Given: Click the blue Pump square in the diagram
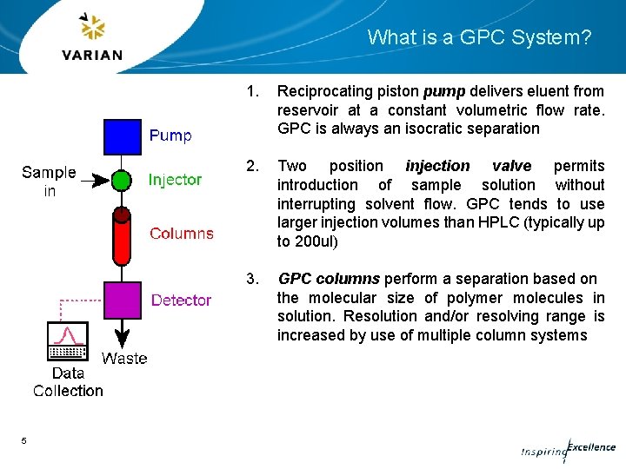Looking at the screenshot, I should [x=123, y=137].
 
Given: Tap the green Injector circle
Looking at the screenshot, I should [x=123, y=181].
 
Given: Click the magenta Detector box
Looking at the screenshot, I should [x=123, y=300].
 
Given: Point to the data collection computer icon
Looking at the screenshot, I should [x=68, y=340].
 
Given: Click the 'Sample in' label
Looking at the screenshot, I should [x=49, y=182].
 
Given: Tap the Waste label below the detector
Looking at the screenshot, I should [x=124, y=358].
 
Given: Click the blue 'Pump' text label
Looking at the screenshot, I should [x=170, y=135].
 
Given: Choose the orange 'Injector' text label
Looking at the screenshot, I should [x=175, y=180].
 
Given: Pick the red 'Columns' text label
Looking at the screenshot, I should [x=181, y=233].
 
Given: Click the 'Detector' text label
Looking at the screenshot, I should [x=181, y=301].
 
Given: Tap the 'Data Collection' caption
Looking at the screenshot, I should [x=68, y=382].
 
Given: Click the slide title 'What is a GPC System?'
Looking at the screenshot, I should [x=479, y=37].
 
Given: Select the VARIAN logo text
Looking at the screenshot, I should [x=92, y=55].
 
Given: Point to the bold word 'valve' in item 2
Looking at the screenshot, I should [x=511, y=166].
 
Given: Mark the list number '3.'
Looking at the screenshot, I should [x=253, y=279].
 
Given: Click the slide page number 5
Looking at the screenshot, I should [x=24, y=441].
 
